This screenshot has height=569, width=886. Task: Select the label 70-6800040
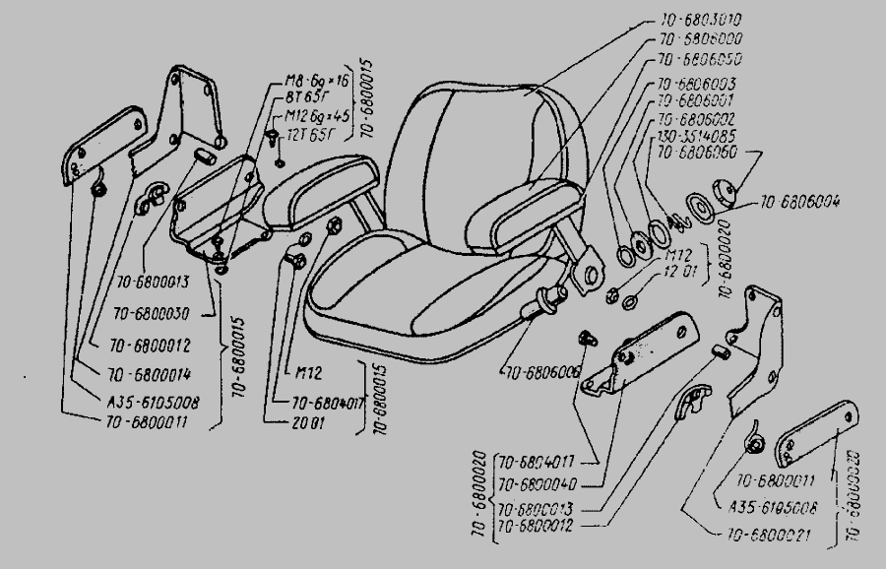(x=539, y=484)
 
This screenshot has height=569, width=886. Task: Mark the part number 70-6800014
(x=149, y=374)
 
